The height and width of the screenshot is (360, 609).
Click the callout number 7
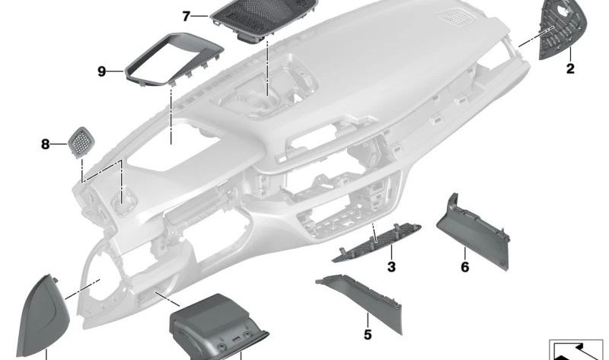coord(187,16)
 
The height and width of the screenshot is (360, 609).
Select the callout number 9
coord(102,72)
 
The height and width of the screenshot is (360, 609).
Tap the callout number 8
coord(46,145)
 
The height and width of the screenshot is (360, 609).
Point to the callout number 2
coord(570,68)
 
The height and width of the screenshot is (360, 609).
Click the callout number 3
coord(391,267)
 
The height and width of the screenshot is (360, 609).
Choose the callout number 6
coord(465,267)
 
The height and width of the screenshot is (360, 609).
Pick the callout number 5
coord(368,334)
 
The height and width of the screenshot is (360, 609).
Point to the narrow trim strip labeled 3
coord(377,243)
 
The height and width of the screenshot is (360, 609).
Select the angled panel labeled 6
coord(473,233)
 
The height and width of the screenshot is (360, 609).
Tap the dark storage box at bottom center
coord(218,327)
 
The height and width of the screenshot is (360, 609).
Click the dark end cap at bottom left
coord(43,317)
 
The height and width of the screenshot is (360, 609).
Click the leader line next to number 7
coord(201,16)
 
